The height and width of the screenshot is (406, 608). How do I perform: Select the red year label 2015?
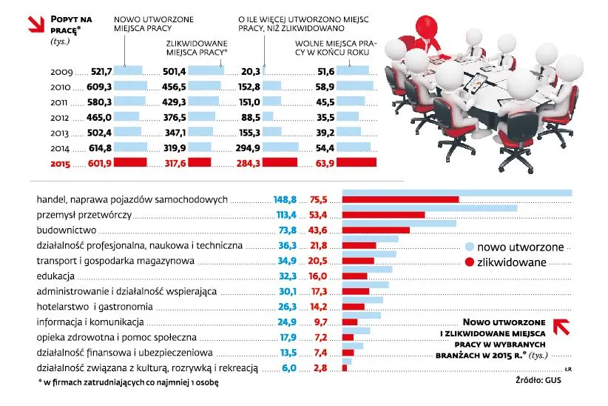(x=62, y=164)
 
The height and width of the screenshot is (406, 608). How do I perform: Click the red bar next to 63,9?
(x=357, y=163)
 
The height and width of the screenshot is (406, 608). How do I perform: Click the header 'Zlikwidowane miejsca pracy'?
(x=195, y=49)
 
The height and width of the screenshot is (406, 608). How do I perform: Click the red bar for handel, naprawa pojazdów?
(x=400, y=199)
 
